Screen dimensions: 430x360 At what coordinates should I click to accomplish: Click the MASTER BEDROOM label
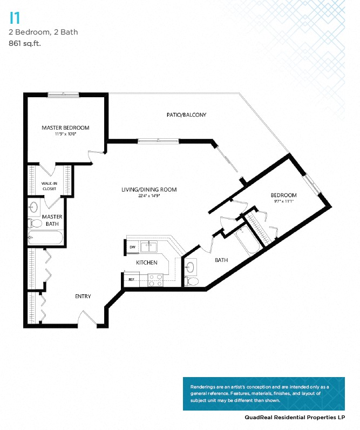tap(65, 128)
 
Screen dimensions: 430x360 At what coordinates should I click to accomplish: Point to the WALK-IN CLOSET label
tap(49, 186)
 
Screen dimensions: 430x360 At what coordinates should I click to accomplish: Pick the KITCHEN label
tap(146, 263)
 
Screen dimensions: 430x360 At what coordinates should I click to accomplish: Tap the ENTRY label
tap(83, 296)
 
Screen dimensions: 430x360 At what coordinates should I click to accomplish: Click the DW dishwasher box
tap(132, 247)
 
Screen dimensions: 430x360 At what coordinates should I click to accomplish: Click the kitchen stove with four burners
tap(155, 280)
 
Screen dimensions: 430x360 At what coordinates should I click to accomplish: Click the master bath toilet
tap(36, 223)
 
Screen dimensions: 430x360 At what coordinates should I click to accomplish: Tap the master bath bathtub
tap(45, 238)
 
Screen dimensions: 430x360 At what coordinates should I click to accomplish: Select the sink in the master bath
tap(34, 206)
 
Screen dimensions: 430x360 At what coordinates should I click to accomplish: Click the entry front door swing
tap(87, 318)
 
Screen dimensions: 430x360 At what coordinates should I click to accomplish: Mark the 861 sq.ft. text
tap(25, 43)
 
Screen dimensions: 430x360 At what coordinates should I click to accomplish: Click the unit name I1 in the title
tap(15, 18)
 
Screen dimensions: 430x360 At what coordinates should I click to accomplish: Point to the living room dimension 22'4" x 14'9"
tap(149, 196)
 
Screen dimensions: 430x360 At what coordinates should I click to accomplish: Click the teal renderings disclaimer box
tap(263, 393)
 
